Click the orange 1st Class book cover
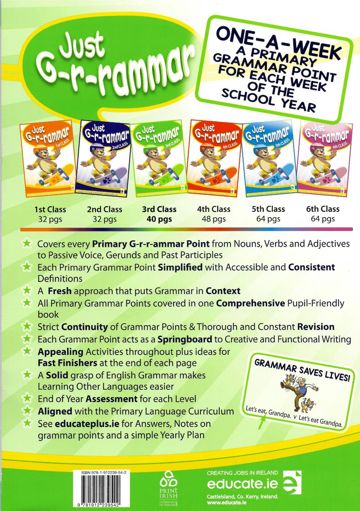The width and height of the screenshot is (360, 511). pyautogui.click(x=47, y=159)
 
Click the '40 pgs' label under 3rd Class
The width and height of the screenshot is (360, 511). pyautogui.click(x=159, y=219)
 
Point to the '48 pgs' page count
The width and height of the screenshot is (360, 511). pyautogui.click(x=214, y=219)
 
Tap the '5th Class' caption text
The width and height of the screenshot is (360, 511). pyautogui.click(x=268, y=209)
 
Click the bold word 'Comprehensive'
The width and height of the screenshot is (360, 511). pyautogui.click(x=250, y=303)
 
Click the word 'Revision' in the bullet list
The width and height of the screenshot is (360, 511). pyautogui.click(x=316, y=327)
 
